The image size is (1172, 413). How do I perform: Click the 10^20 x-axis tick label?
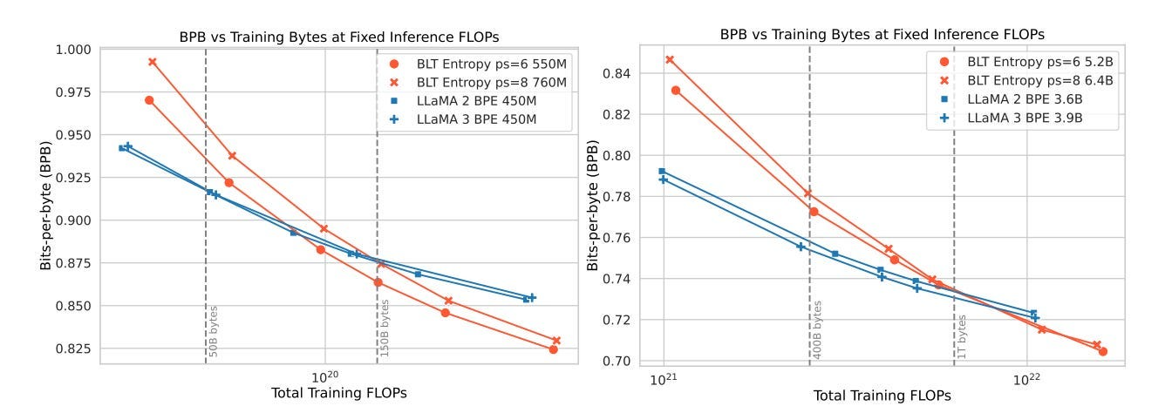tap(324, 376)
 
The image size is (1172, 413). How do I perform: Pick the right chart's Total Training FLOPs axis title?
tap(882, 396)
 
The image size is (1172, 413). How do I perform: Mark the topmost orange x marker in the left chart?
tap(153, 62)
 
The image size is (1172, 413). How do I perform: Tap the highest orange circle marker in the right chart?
tap(676, 91)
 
